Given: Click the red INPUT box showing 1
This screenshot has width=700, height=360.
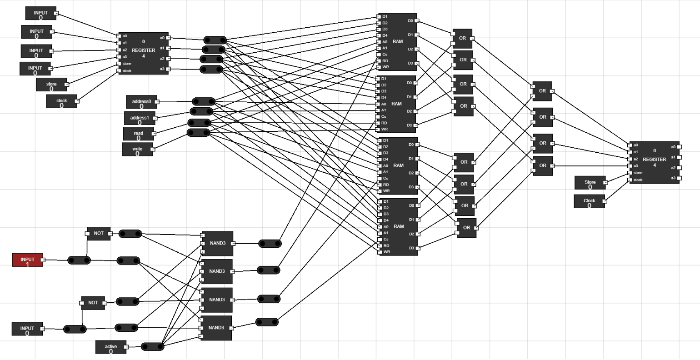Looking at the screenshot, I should point(27,260).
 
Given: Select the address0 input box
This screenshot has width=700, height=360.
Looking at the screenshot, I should point(141,102).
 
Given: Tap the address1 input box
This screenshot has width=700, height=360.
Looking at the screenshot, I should point(140,118).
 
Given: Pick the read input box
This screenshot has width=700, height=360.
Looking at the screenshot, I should point(138,134).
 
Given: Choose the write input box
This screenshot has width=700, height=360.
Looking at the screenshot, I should point(137,149).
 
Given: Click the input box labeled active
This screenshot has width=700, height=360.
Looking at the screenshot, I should point(110,347).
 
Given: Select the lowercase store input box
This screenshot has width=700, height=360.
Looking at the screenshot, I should point(51,85).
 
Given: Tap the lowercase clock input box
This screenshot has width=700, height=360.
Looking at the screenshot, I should point(61,101).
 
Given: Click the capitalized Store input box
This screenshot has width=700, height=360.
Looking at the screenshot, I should point(590,183).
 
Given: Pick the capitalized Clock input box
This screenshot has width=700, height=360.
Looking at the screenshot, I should point(589,201).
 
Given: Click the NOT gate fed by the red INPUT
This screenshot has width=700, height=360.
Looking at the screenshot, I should point(99,234).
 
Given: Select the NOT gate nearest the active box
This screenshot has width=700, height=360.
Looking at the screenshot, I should point(93,303).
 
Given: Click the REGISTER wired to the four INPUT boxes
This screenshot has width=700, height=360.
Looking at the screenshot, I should point(143,53).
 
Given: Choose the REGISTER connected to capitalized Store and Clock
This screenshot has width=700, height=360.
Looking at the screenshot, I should point(654,162).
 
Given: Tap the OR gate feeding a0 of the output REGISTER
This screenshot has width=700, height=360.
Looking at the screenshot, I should point(542,91).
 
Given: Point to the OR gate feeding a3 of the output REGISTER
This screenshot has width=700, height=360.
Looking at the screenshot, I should point(542,166).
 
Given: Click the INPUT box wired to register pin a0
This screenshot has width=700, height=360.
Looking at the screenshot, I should point(40,13).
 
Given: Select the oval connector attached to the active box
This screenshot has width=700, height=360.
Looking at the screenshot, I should point(152,347).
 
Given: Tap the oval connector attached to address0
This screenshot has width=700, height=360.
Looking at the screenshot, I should point(203,101).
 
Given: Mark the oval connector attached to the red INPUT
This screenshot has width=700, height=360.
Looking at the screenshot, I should point(79,260).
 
